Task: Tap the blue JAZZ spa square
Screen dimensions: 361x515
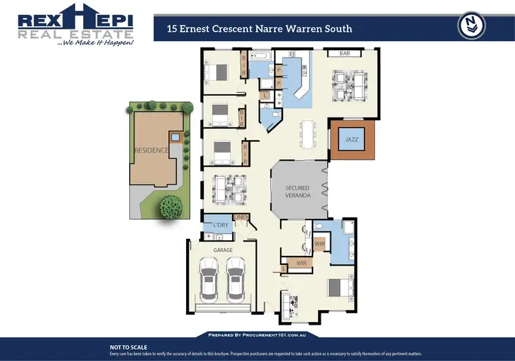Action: coord(352,139)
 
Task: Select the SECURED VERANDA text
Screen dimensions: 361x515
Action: coord(298,192)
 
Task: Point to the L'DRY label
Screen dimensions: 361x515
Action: coord(220,225)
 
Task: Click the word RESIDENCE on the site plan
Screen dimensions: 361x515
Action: coord(151,150)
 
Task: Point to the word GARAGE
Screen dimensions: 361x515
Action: coord(224,251)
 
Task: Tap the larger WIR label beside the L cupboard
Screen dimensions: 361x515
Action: coord(301,262)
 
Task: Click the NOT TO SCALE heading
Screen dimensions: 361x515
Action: coord(128,347)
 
